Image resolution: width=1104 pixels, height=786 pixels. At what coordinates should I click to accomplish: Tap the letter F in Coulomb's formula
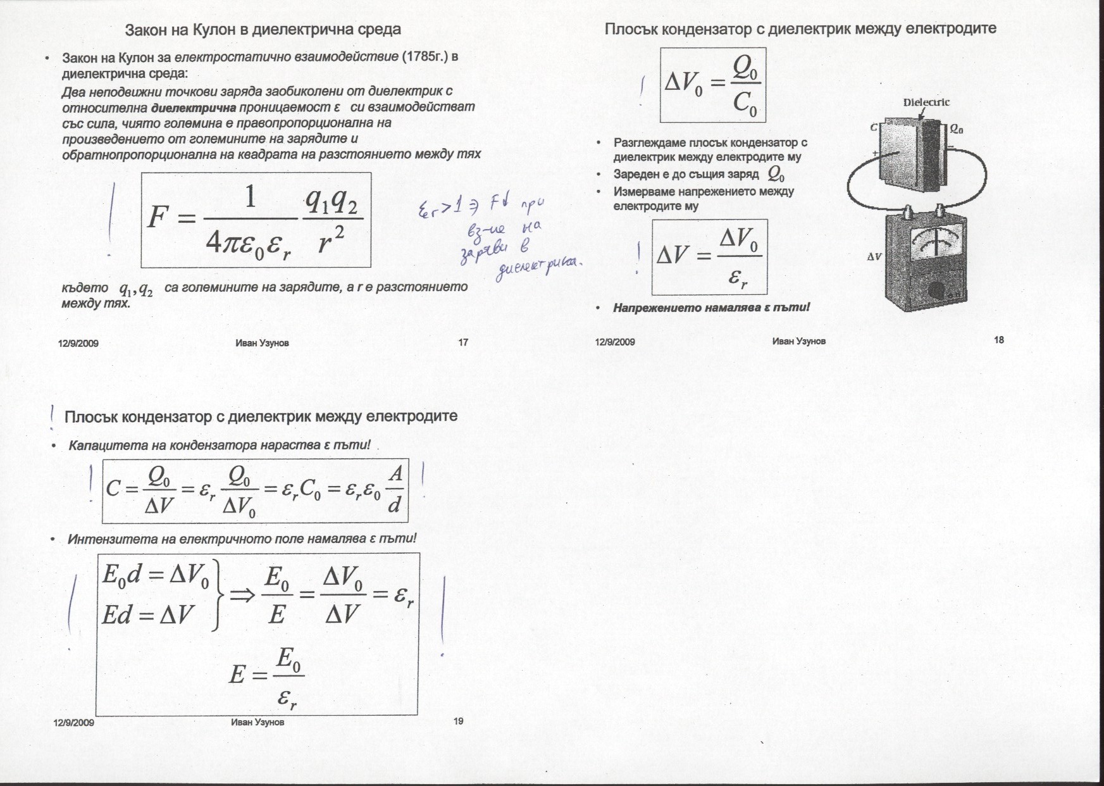point(156,218)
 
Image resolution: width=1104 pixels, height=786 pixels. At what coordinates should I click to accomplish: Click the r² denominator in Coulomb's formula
point(330,241)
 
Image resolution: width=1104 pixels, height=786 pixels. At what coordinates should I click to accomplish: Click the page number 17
point(463,342)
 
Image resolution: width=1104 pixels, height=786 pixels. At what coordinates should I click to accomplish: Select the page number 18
point(999,340)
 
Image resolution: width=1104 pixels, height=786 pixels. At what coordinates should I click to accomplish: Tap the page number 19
point(459,721)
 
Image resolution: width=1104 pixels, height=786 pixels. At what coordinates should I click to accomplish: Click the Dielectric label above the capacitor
point(926,103)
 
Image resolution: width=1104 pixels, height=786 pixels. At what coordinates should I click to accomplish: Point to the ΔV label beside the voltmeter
point(874,258)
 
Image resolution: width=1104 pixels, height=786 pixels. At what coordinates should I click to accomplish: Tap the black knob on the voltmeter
point(936,291)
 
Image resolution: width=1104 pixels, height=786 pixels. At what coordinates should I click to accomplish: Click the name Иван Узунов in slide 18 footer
point(798,341)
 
